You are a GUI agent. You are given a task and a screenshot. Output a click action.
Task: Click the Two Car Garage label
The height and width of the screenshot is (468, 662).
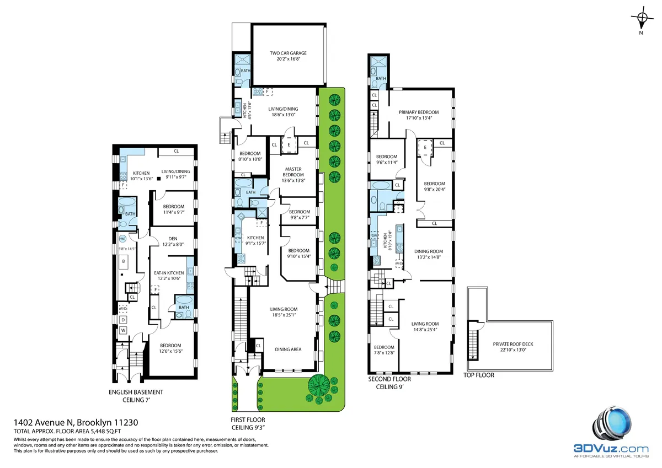tap(288, 53)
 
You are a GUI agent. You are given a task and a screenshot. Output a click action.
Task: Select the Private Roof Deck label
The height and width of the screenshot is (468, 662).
tap(513, 344)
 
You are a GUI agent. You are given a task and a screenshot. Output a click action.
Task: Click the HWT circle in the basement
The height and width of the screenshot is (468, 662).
tap(122, 239)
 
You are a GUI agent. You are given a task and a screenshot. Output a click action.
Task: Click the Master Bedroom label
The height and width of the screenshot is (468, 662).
tap(292, 172)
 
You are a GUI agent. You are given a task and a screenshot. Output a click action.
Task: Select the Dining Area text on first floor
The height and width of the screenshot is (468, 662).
tap(289, 349)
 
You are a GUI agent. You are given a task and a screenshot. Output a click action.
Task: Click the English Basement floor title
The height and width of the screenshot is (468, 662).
tap(136, 392)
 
